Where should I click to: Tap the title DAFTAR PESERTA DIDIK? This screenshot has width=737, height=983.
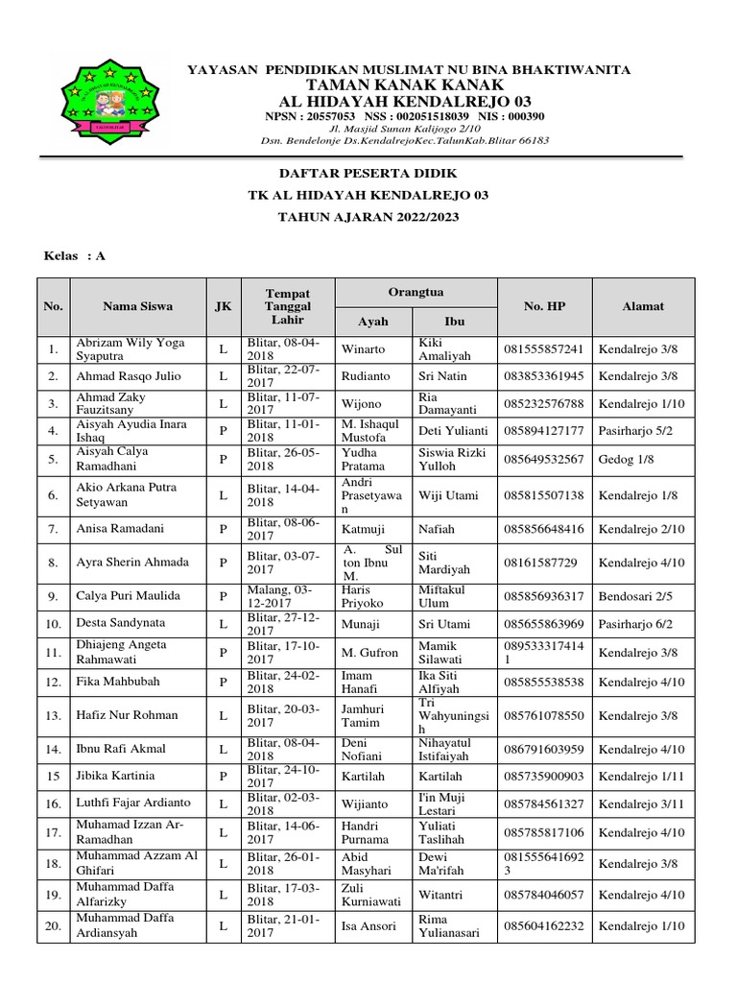pos(368,173)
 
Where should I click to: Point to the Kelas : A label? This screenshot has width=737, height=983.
pos(76,256)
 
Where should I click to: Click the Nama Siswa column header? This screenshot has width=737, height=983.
pos(137,306)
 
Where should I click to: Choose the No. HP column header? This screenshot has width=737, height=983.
pos(544,306)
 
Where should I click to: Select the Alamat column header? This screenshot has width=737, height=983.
pos(644,306)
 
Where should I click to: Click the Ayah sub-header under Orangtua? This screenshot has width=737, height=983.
pos(372,322)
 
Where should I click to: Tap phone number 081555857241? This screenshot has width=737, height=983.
pos(543,349)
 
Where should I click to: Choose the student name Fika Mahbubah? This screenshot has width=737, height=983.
pos(119,682)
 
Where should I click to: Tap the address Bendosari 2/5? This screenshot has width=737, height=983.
pos(635,596)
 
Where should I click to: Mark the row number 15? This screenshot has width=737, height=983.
pos(53,776)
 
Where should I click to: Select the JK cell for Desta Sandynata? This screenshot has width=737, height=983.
pos(223,624)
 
